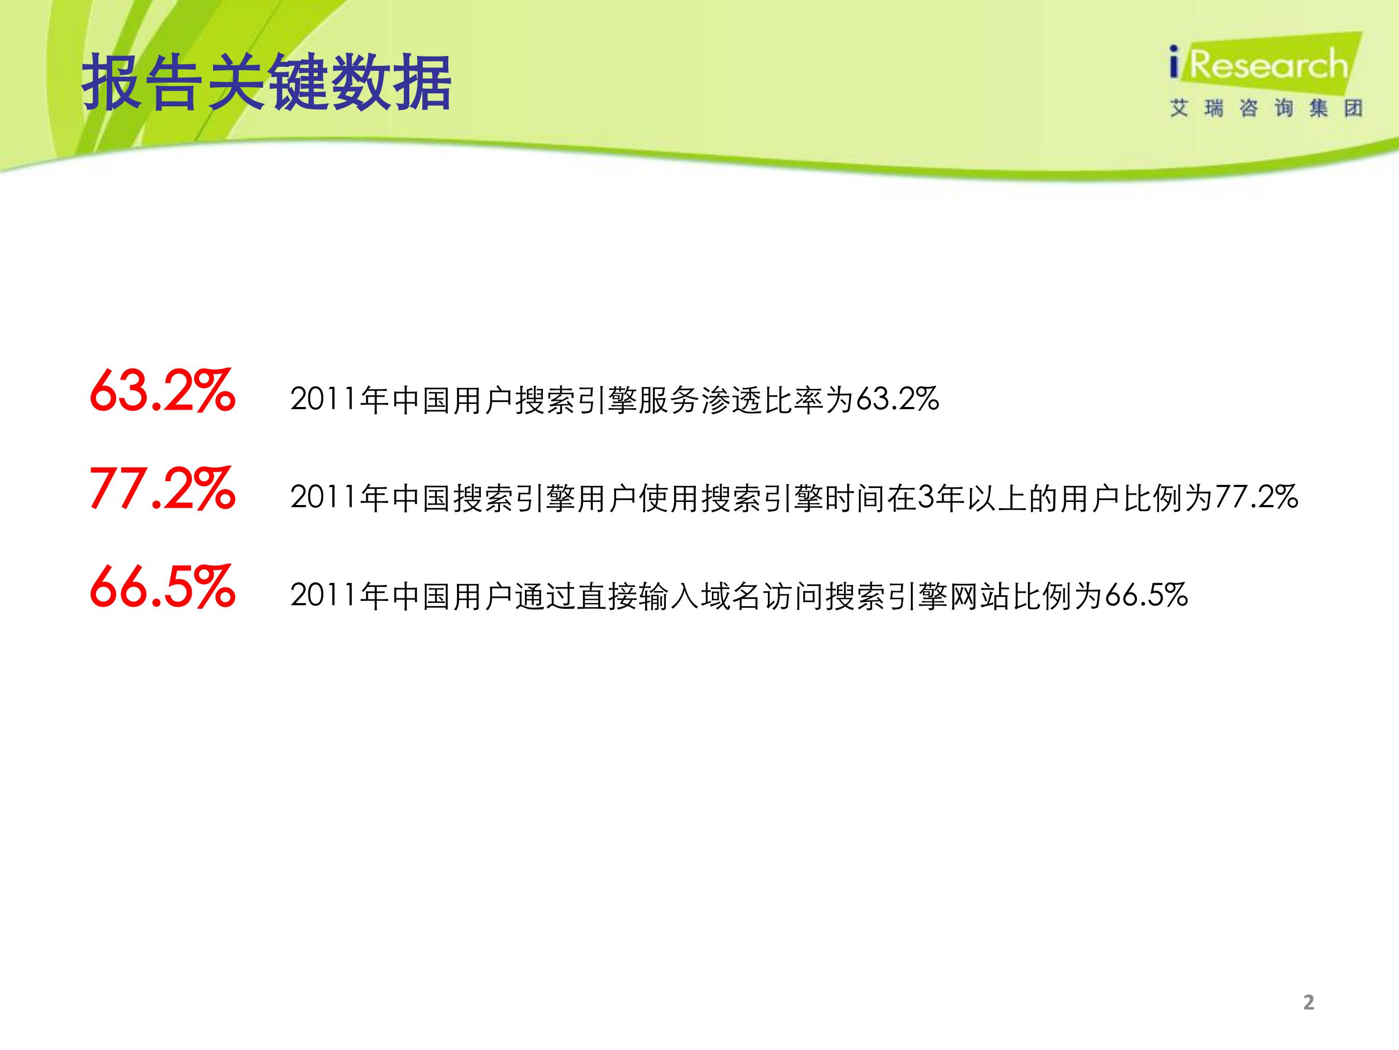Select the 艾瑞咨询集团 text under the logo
click(x=1265, y=108)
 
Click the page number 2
click(x=1308, y=1002)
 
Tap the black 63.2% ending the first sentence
click(x=897, y=399)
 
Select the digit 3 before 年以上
click(x=925, y=497)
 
